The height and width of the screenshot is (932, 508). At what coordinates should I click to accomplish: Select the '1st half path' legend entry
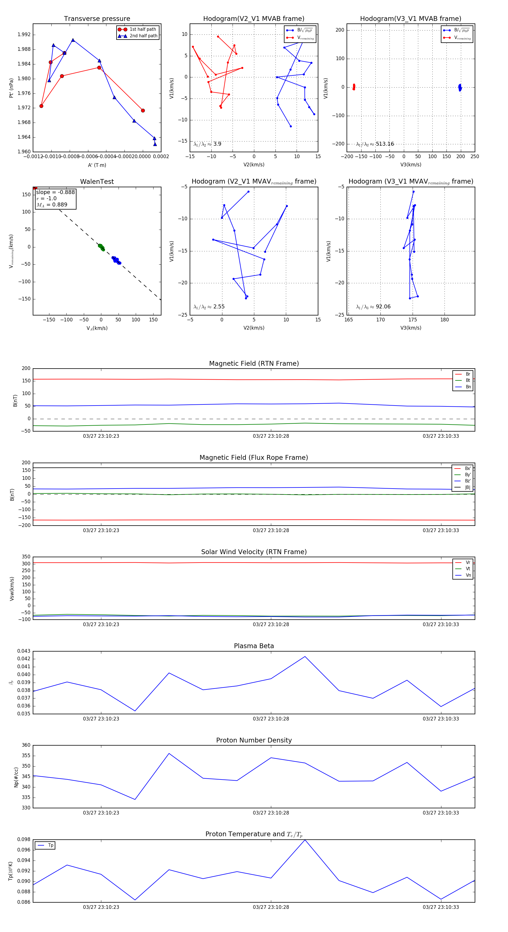click(x=143, y=29)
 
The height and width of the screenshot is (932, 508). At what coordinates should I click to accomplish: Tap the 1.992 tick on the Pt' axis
click(x=24, y=35)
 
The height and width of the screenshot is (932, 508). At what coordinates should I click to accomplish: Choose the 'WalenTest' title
click(x=97, y=182)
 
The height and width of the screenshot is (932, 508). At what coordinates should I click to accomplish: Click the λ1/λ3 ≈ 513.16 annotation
click(x=375, y=144)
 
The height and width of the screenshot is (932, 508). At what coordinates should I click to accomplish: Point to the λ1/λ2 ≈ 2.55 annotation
click(x=209, y=307)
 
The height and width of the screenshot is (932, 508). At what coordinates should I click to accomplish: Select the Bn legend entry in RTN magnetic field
click(x=468, y=387)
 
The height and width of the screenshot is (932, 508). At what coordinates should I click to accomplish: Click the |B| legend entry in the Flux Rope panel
click(x=467, y=487)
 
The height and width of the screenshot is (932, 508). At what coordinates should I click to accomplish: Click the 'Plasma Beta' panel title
click(x=254, y=646)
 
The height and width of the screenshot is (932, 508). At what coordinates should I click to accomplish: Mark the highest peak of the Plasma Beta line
click(x=305, y=657)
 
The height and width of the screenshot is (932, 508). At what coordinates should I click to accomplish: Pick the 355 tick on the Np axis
click(x=26, y=756)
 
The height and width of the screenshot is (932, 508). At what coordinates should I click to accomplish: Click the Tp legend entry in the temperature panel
click(x=50, y=845)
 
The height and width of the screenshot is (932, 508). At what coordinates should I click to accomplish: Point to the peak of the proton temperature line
click(x=305, y=840)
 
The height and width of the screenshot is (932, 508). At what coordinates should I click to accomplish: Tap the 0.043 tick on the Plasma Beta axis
click(x=24, y=651)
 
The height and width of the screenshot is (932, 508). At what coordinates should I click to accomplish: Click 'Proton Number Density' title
click(x=254, y=740)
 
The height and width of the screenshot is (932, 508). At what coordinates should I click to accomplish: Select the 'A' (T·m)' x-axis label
click(x=97, y=165)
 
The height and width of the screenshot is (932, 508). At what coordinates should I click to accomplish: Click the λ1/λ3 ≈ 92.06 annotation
click(x=373, y=307)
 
